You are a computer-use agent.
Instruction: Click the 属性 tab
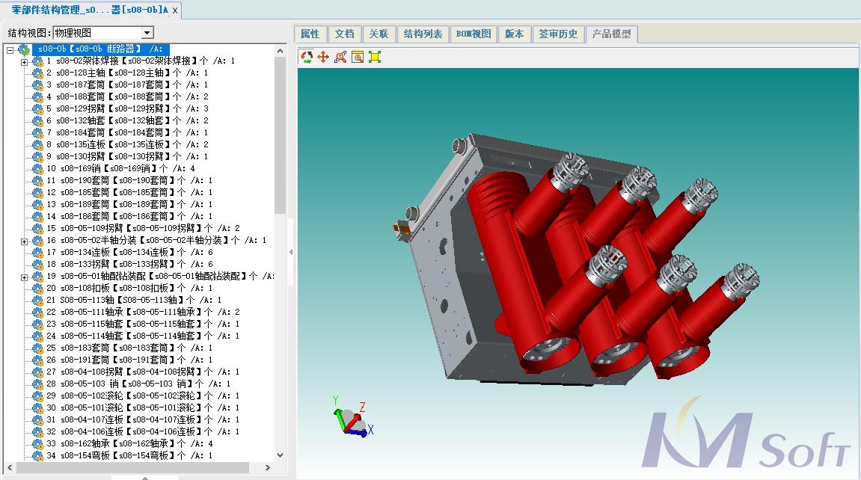tap(310, 34)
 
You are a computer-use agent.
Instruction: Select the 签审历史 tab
tap(559, 34)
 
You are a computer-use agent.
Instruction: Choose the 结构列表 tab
tap(423, 34)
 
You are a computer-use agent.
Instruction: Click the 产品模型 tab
tap(611, 34)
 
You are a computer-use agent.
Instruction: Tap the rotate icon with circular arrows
tap(307, 57)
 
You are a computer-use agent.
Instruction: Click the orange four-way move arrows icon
tap(323, 57)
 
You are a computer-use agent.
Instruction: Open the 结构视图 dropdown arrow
tap(147, 33)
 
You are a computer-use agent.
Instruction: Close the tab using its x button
tap(175, 10)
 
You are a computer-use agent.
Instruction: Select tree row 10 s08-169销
tap(120, 168)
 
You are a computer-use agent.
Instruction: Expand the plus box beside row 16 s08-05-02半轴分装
tap(24, 241)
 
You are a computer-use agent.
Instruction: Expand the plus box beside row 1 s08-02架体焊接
tap(24, 61)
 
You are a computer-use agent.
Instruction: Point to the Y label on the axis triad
tap(336, 400)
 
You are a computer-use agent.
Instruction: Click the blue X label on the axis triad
tap(370, 430)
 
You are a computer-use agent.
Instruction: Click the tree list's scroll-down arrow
tap(281, 455)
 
